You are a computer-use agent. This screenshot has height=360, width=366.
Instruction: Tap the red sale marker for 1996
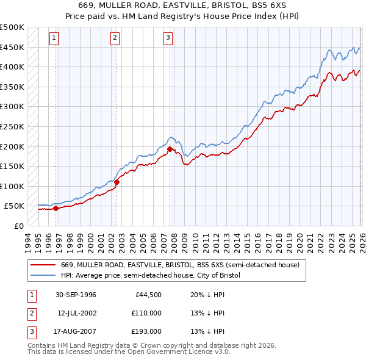point(56,208)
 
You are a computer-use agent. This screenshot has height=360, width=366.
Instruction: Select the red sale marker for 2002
point(117,182)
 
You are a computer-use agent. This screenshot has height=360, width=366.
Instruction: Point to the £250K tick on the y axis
point(13,126)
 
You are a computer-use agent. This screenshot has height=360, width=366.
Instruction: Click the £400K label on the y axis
point(13,67)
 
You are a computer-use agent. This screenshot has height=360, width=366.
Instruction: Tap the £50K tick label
point(15,206)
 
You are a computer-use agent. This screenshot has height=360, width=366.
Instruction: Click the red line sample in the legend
point(43,265)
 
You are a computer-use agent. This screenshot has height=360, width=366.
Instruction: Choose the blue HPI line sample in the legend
point(43,276)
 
